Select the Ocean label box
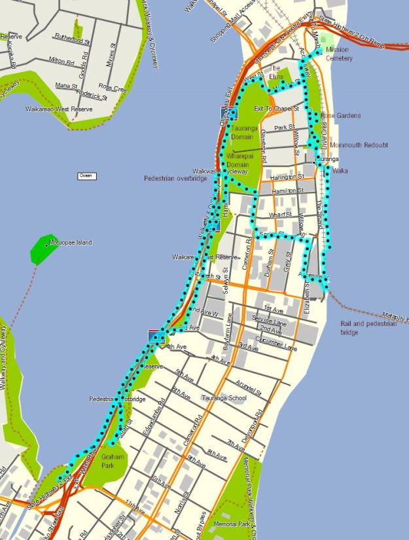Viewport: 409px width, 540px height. [x=86, y=175]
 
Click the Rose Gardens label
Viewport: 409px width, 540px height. [x=340, y=116]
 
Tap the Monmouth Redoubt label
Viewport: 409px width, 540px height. [x=359, y=145]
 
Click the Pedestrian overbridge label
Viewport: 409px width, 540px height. [x=175, y=178]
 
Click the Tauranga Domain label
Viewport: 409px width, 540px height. [x=246, y=132]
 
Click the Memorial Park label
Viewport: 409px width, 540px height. [x=232, y=524]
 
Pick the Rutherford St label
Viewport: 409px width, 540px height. [x=71, y=37]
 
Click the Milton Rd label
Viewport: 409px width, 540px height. [x=61, y=60]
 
